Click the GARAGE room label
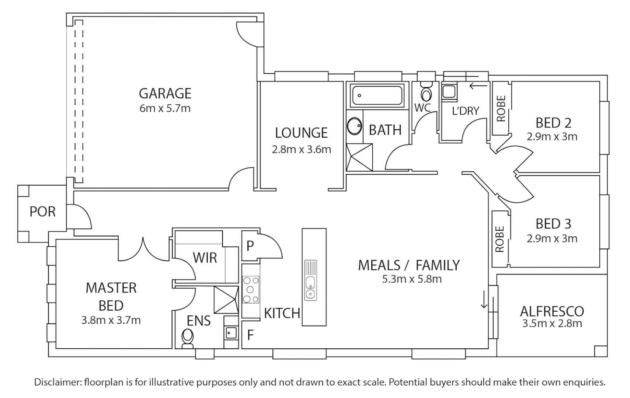(x=165, y=93)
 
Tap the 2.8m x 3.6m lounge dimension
(x=301, y=150)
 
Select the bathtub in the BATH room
(x=377, y=95)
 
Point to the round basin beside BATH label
(x=355, y=126)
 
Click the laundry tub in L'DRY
(x=449, y=91)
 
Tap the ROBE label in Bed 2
(x=501, y=108)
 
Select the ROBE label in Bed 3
(x=500, y=239)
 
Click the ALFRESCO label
(x=552, y=311)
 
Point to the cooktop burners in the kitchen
(x=251, y=290)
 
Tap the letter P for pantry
(x=250, y=246)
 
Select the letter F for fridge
(x=250, y=335)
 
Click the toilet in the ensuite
(x=188, y=338)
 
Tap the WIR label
(x=205, y=258)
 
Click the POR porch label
(x=42, y=212)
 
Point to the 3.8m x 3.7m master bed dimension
(x=111, y=320)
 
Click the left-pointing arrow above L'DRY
(x=478, y=86)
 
